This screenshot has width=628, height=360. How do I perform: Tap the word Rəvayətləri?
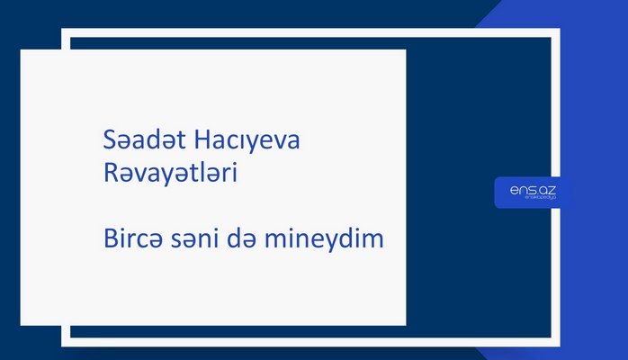pos(170,174)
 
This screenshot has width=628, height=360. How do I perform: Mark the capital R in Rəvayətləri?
pos(111,174)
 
